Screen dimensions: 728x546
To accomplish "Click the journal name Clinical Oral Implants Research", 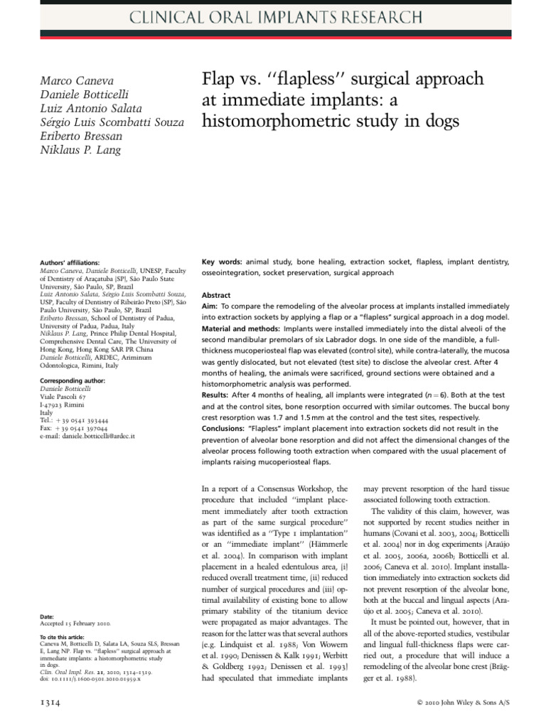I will pos(272,18).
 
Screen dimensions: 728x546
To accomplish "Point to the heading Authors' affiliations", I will pos(69,262).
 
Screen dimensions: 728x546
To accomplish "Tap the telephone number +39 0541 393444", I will pos(77,420).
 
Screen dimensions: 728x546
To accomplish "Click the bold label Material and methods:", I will pos(242,328).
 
